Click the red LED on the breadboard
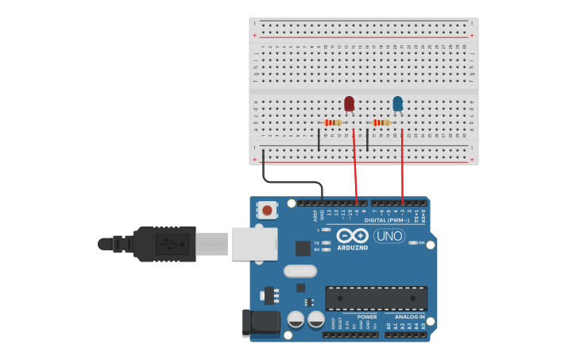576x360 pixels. tap(349, 103)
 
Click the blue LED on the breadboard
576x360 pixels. tap(397, 103)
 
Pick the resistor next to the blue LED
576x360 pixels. tap(382, 122)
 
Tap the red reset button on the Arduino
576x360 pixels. tap(268, 211)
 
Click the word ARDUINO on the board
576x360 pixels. tap(352, 247)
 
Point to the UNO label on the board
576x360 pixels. tap(389, 236)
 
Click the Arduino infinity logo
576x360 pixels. tap(352, 236)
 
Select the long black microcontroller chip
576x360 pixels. tap(376, 298)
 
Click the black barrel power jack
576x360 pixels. tap(261, 322)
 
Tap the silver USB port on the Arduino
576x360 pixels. tap(254, 244)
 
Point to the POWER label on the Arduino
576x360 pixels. tap(367, 317)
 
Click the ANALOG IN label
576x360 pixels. tap(410, 317)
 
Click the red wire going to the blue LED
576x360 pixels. tap(403, 167)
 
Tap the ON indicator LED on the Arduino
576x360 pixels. tap(412, 242)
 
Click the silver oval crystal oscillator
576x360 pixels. tap(300, 271)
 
